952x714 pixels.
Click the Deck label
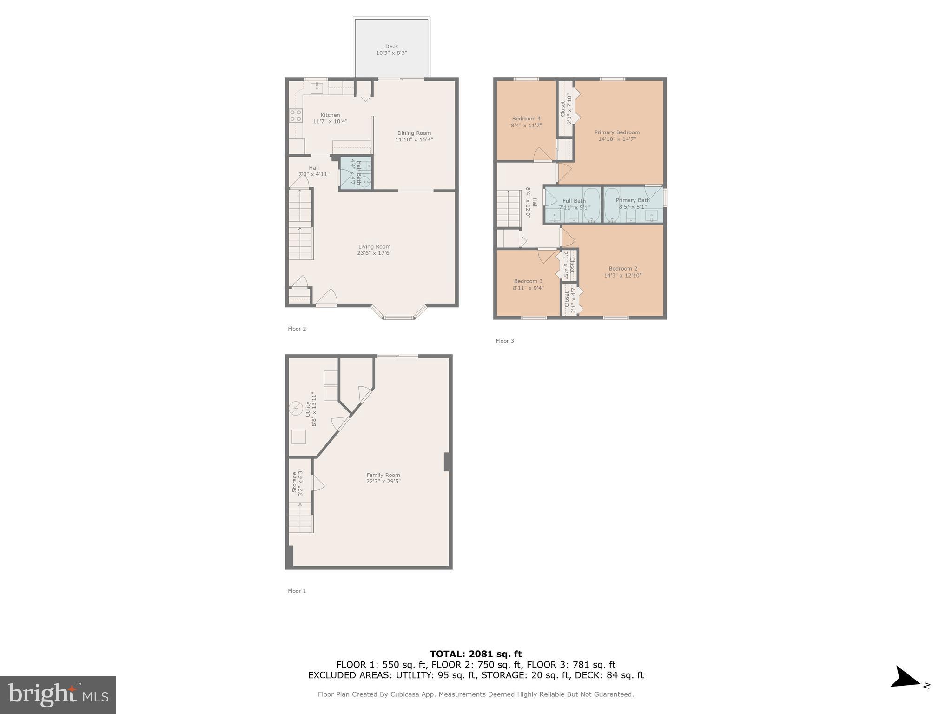point(391,46)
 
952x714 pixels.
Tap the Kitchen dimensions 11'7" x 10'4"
point(330,122)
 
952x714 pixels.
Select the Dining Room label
point(414,133)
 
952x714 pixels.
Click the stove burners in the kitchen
point(296,116)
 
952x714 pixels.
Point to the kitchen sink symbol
point(317,87)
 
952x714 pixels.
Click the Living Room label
point(374,247)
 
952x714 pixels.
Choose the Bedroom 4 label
point(526,119)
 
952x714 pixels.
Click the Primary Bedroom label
point(617,132)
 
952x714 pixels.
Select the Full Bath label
point(574,201)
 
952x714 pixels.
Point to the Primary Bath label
point(633,200)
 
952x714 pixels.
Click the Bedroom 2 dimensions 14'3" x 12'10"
point(623,275)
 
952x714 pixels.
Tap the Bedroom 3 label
point(528,281)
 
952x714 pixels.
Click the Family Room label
point(383,475)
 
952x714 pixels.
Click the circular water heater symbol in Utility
point(296,409)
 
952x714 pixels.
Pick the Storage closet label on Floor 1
point(294,482)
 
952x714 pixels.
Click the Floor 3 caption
point(505,341)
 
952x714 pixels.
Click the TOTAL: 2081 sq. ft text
point(476,654)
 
